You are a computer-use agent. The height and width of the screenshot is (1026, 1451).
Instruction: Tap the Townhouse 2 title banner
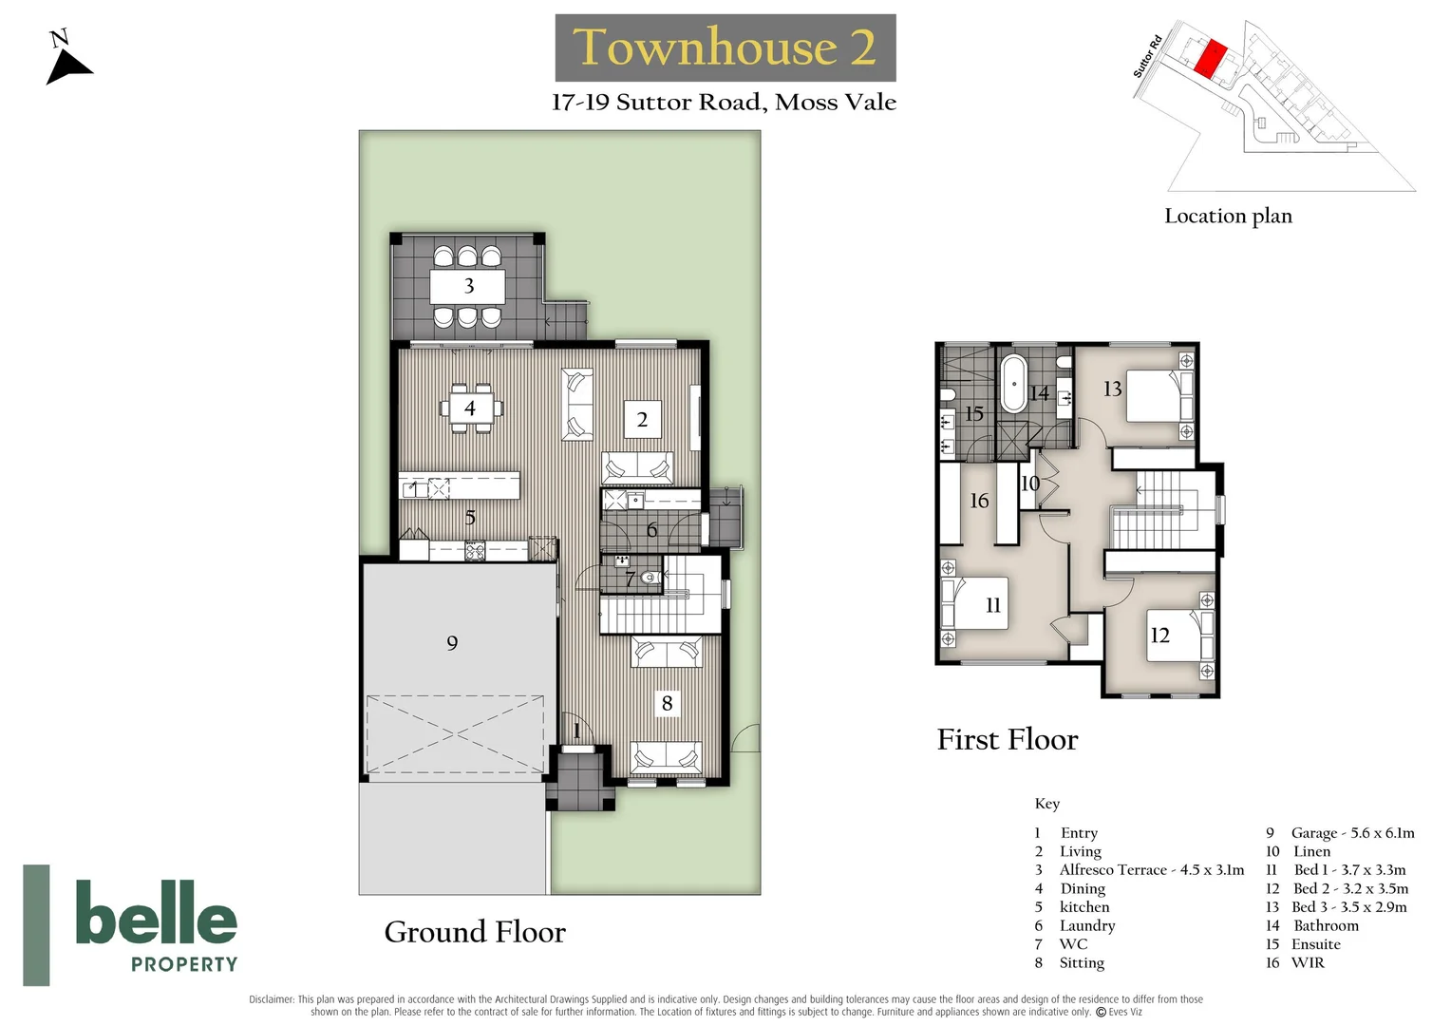coord(725,47)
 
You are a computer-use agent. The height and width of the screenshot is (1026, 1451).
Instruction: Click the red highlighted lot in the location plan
coord(1209,59)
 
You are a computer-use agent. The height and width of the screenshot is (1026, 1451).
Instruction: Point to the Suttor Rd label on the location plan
coord(1147,56)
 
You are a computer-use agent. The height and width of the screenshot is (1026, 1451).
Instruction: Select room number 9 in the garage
coord(452,643)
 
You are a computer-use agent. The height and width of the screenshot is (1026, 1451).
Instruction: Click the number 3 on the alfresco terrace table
coord(468,286)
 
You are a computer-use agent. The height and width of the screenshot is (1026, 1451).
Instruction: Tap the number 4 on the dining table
coord(470,408)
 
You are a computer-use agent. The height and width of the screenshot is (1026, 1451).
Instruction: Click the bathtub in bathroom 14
coord(1013,385)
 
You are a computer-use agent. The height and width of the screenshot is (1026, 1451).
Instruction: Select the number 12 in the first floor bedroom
coord(1159,636)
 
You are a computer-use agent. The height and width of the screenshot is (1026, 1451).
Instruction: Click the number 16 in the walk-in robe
coord(979,501)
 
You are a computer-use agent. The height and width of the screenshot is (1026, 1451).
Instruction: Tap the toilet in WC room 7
coord(650,577)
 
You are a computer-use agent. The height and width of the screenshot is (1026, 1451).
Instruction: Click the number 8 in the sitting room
coord(667,703)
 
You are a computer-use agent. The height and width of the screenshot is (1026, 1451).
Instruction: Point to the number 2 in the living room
coord(642,419)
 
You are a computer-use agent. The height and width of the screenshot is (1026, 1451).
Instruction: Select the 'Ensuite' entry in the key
coord(1315,944)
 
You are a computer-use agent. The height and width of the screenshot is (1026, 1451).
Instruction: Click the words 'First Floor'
coord(1008,739)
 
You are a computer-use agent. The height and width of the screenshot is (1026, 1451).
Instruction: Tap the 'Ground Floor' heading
coord(475,932)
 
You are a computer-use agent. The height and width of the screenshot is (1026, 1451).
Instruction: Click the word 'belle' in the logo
coord(156,913)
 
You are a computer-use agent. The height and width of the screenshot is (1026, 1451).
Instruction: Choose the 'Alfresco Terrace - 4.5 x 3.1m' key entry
coord(1151,870)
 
